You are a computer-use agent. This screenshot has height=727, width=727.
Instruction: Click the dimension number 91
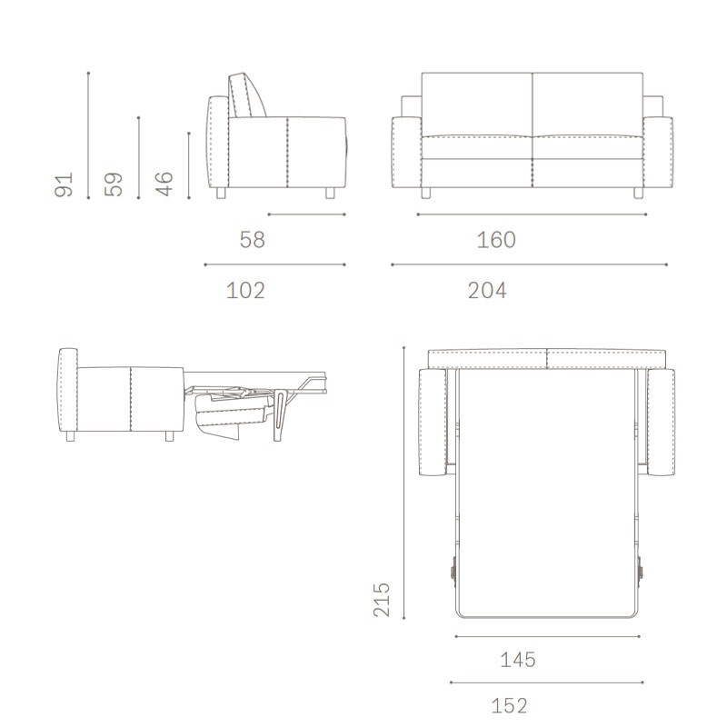click(x=64, y=184)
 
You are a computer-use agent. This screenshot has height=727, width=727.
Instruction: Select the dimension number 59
click(x=114, y=184)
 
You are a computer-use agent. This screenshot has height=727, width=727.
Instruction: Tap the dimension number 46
click(x=164, y=184)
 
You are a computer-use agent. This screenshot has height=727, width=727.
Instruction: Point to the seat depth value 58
click(x=253, y=240)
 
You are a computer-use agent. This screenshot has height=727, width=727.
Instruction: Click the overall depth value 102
click(x=245, y=290)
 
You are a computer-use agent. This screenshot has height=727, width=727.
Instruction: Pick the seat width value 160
click(x=496, y=240)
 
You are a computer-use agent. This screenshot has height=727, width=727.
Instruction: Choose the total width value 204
click(x=487, y=290)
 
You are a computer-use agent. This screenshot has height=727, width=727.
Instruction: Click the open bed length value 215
click(x=382, y=599)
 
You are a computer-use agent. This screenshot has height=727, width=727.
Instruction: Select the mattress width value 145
click(x=518, y=660)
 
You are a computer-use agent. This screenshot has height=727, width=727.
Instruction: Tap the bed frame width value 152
click(x=509, y=706)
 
